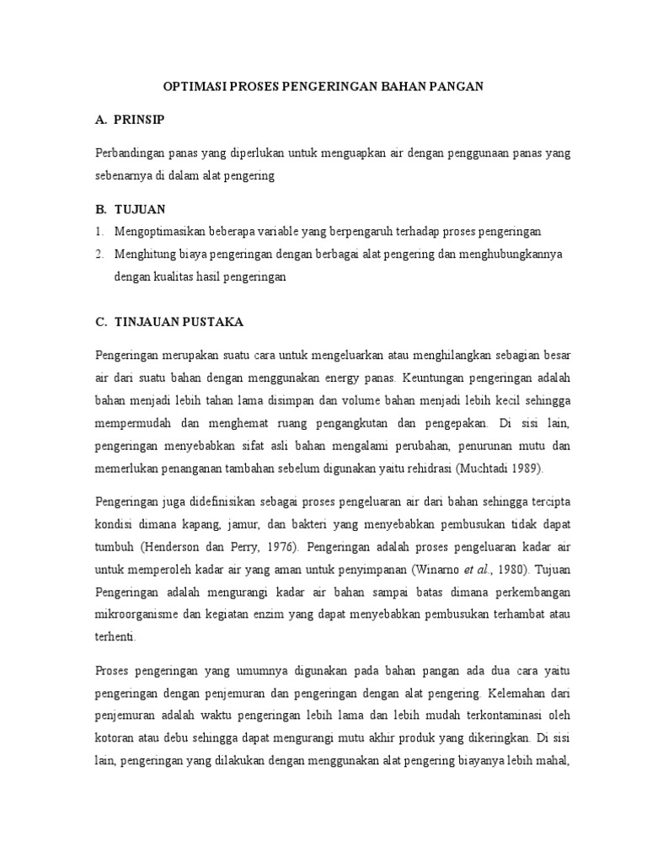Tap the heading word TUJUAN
click(x=142, y=207)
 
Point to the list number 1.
click(x=99, y=231)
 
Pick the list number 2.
click(x=99, y=253)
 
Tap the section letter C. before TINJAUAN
click(x=100, y=321)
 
